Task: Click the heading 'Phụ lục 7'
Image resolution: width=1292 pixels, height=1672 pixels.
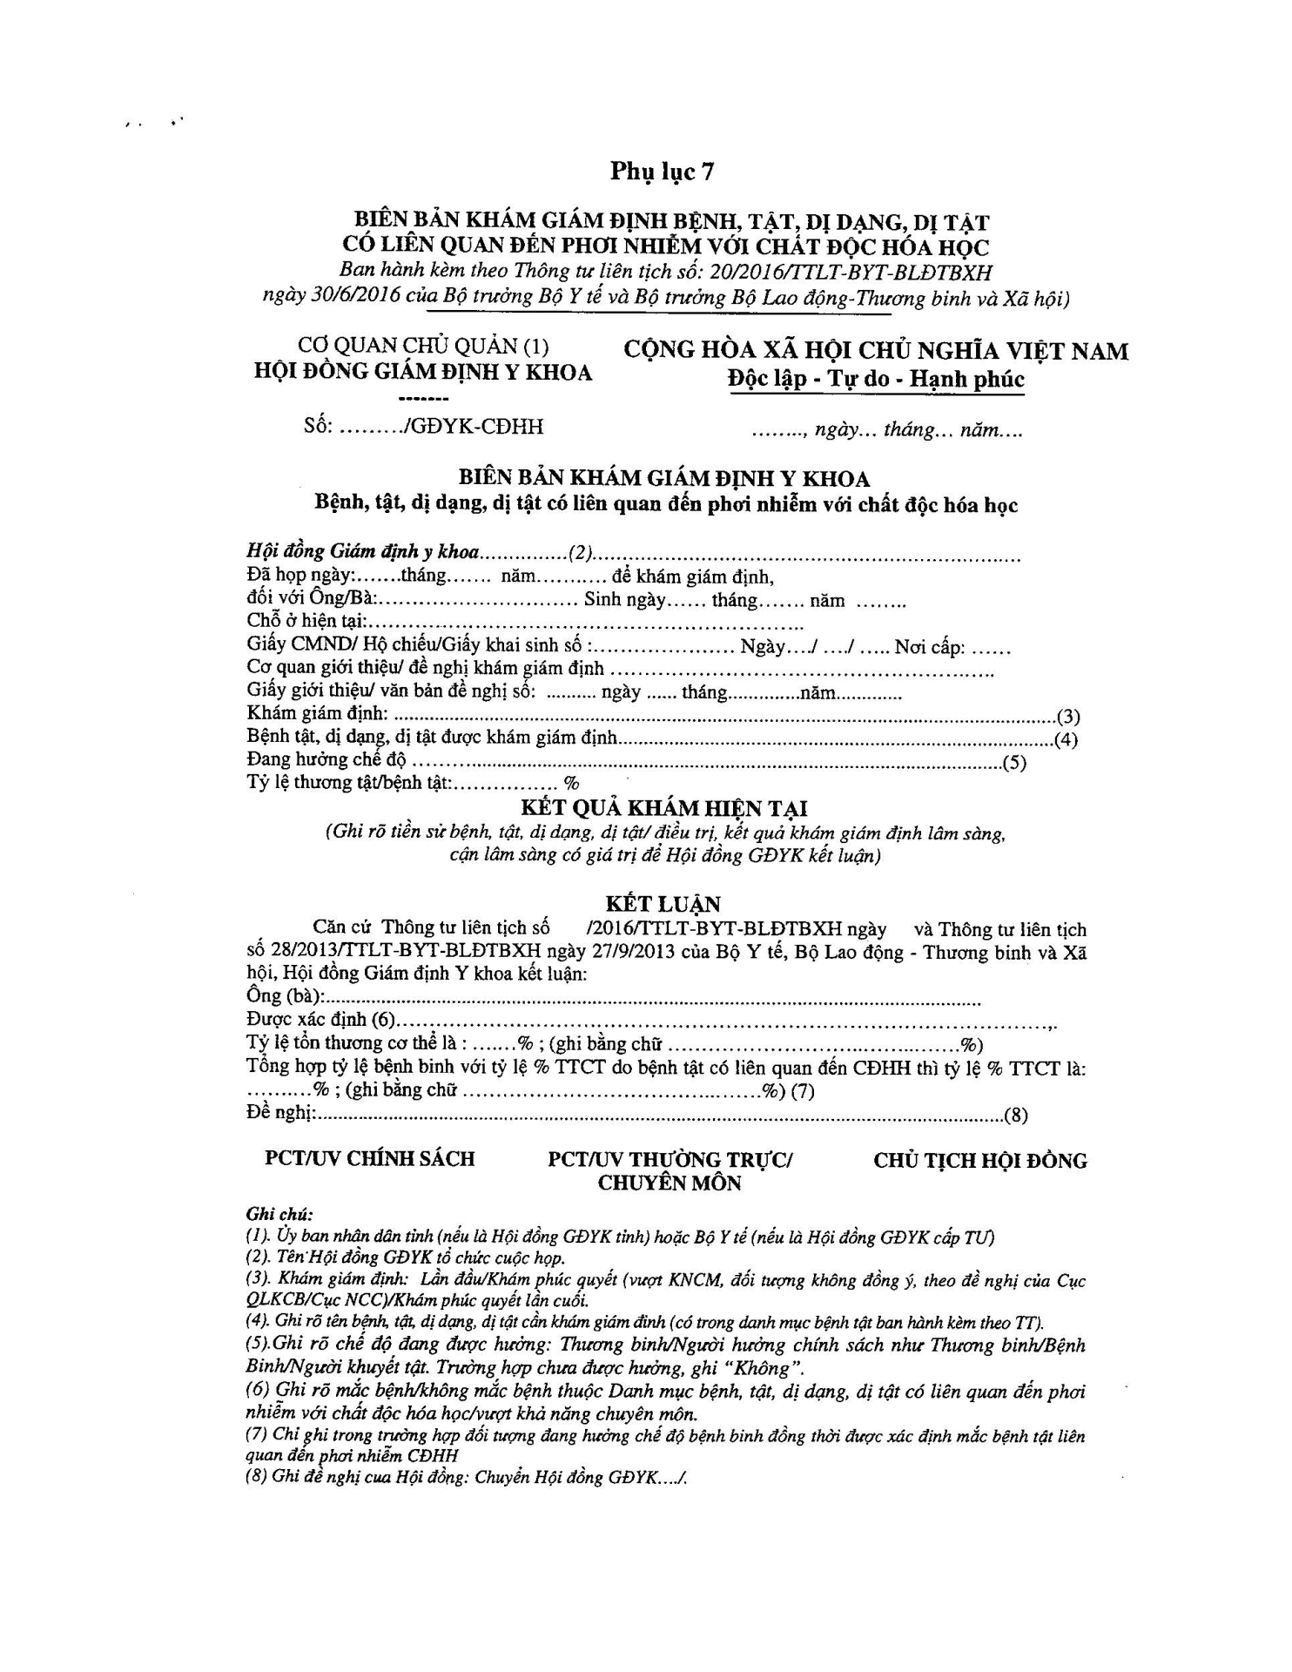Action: pos(662,172)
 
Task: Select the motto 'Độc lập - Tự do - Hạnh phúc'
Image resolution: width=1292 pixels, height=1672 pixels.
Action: pos(877,380)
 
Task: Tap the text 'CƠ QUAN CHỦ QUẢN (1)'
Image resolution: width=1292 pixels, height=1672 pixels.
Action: pos(424,347)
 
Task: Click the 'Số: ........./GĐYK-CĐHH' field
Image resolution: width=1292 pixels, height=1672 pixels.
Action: pos(424,427)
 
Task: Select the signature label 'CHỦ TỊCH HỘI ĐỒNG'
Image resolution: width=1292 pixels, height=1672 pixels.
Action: pos(980,1161)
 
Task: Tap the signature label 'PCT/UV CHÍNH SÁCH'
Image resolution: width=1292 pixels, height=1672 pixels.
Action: pos(370,1158)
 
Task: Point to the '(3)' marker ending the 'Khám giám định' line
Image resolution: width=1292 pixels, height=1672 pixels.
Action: pos(1067,717)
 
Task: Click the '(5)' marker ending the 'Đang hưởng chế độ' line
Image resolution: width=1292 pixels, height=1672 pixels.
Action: pos(1014,764)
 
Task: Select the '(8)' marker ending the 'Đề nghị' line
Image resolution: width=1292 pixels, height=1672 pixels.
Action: pos(1016,1116)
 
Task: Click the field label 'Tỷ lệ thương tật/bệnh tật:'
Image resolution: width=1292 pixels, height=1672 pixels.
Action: pos(349,782)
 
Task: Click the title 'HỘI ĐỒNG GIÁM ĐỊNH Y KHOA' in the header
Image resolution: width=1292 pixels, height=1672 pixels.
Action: pos(423,373)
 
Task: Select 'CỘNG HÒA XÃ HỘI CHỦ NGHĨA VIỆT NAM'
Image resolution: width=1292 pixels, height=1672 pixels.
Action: pos(876,351)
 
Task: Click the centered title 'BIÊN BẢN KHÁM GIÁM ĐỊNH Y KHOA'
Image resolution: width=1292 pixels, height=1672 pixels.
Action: pos(664,479)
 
